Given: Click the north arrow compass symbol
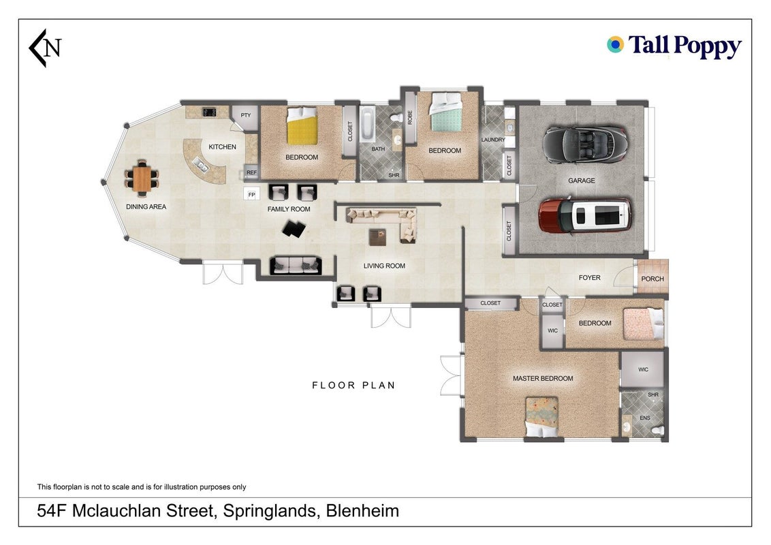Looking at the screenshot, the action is (x=44, y=48).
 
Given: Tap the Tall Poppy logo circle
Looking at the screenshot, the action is (x=615, y=44).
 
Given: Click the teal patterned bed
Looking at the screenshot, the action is (x=446, y=112).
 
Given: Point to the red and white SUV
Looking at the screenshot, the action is (x=585, y=215).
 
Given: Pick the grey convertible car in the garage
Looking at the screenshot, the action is (x=585, y=144).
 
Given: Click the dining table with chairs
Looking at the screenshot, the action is (x=142, y=176).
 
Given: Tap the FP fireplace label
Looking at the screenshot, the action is (x=251, y=194).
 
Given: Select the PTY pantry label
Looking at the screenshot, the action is (x=245, y=115).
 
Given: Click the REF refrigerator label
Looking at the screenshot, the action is (x=252, y=172).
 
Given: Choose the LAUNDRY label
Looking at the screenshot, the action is (x=492, y=140).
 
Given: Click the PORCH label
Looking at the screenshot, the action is (x=652, y=279).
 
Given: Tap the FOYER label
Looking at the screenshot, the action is (x=590, y=277).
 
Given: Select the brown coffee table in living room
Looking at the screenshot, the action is (x=377, y=237).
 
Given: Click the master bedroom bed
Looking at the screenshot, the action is (x=542, y=417).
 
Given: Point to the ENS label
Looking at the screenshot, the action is (x=644, y=418).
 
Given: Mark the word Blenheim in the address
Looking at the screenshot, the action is (x=362, y=510).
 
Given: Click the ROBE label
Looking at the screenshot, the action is (x=410, y=117).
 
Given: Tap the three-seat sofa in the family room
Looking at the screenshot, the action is (x=296, y=266).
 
